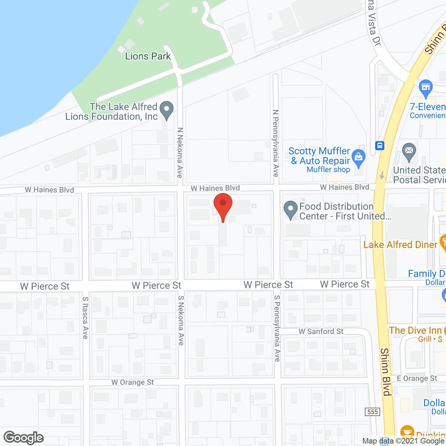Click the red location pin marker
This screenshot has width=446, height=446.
[x=223, y=206]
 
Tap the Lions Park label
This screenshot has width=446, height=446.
[x=148, y=56]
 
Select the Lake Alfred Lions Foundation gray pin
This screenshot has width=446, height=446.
[x=167, y=110]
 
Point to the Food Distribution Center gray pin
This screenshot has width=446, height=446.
[x=290, y=210]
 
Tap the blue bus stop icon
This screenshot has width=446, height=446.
[x=380, y=145]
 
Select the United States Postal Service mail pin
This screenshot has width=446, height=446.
[x=409, y=152]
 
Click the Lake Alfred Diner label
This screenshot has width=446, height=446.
[x=400, y=245]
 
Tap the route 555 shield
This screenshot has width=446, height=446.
[x=372, y=412]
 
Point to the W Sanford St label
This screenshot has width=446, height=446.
[x=321, y=331]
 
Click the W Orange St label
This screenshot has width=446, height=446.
[x=132, y=382]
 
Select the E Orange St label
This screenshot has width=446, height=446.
[x=417, y=378]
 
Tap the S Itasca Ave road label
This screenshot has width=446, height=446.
[x=85, y=317]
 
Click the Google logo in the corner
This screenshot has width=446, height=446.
[x=24, y=438]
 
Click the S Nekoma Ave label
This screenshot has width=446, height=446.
[x=181, y=321]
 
